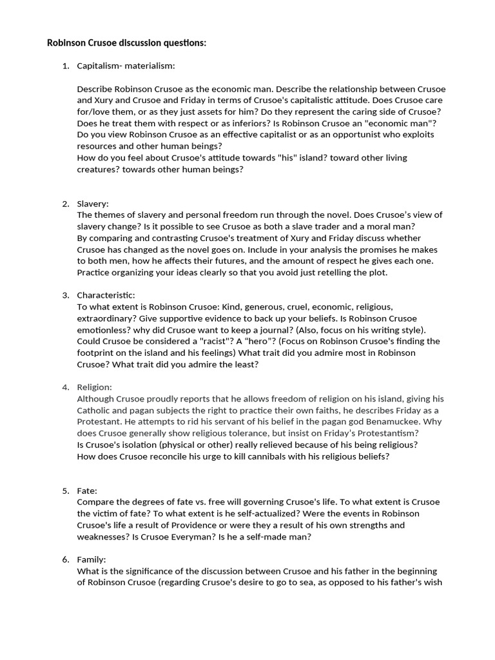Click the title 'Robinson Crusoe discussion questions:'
126,43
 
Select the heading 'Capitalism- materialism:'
126,66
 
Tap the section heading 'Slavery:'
93,204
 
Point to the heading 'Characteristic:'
106,295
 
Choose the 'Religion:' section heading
94,387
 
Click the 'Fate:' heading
87,490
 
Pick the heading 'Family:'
92,559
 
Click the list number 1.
65,66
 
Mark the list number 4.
65,387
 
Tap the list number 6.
65,559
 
